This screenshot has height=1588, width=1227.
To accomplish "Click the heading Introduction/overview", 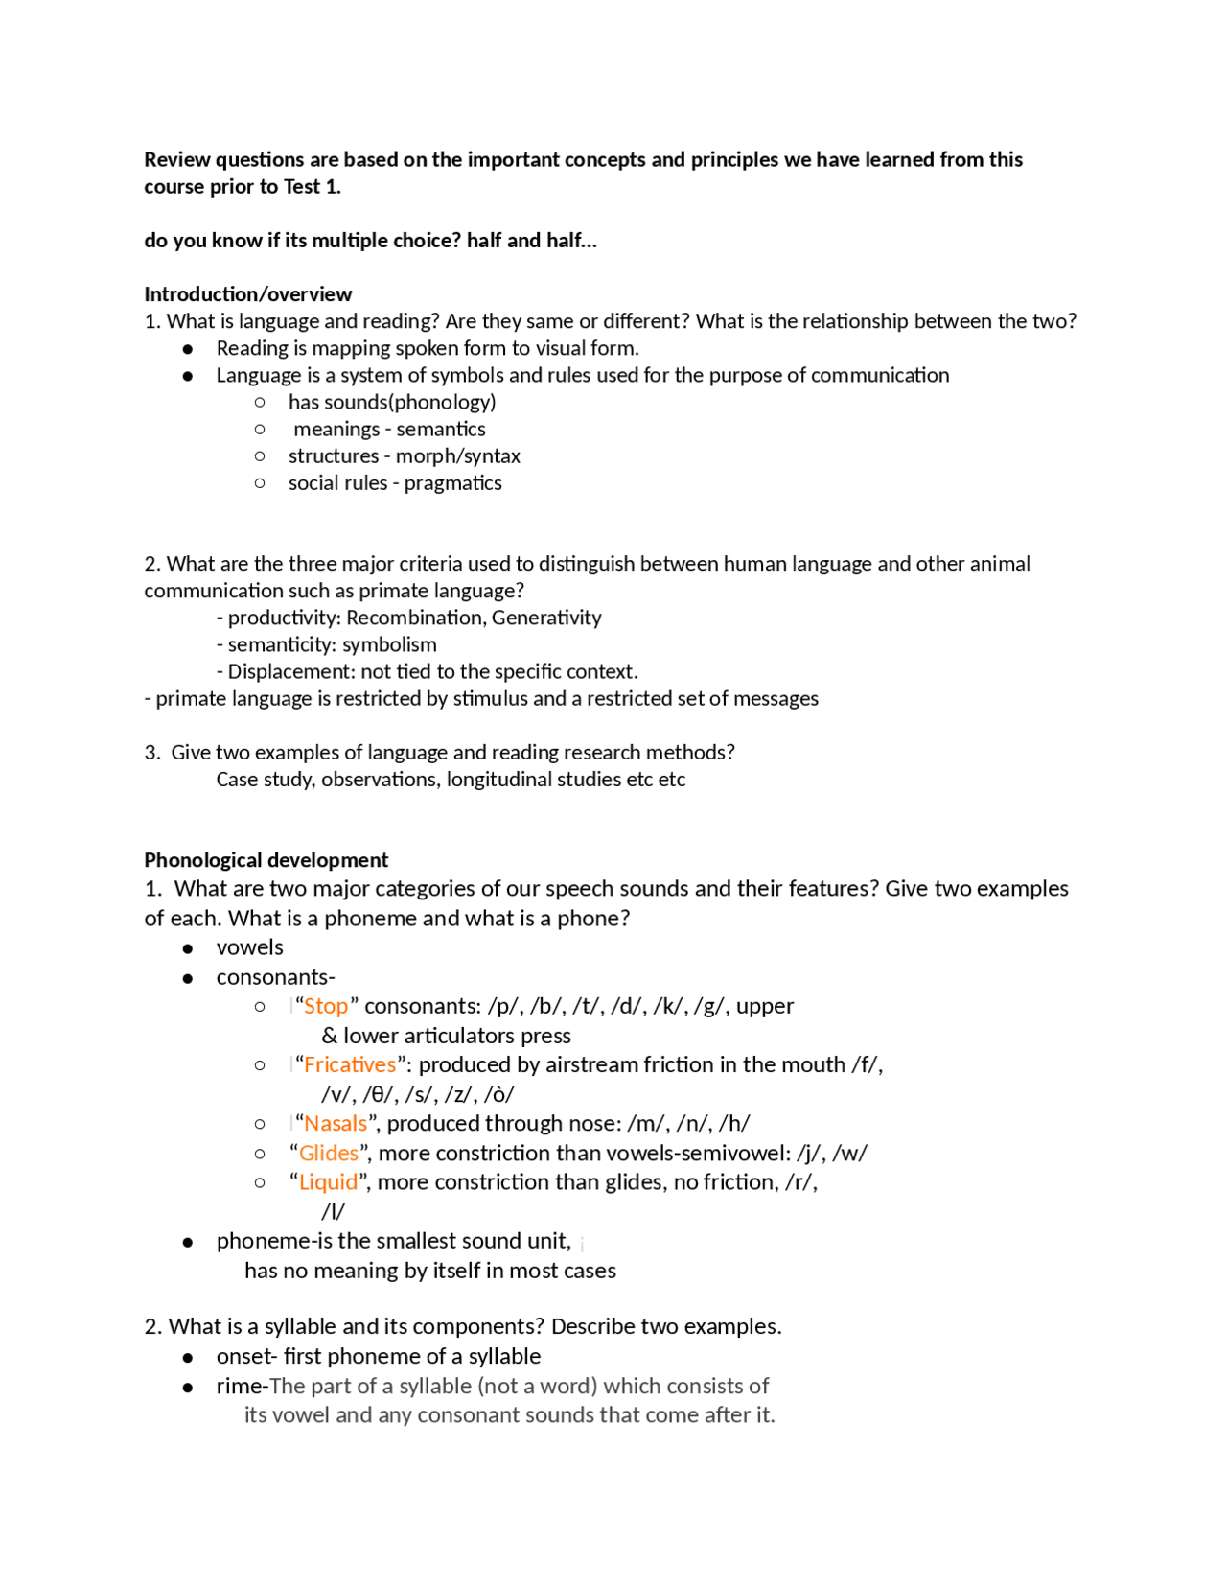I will tap(247, 293).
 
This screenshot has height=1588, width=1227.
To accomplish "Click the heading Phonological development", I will tap(266, 859).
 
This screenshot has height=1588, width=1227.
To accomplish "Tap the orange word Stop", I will tap(326, 1006).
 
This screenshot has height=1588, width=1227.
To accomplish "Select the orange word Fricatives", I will tap(349, 1064).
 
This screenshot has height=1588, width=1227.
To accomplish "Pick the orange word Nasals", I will tap(336, 1123).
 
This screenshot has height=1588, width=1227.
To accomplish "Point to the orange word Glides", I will tap(329, 1153).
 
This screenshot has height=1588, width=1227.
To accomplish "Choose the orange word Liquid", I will tap(328, 1181).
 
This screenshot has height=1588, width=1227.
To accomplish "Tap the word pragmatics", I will tap(452, 482).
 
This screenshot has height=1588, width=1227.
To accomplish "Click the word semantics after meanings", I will tap(441, 429).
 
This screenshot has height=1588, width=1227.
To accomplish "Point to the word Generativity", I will tap(546, 618).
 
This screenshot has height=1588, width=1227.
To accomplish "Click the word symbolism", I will tap(389, 644).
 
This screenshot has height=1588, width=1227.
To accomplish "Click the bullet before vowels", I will tap(188, 948).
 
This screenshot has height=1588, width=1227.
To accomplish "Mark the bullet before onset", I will tap(188, 1358).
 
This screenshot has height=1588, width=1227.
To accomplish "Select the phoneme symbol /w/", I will tap(850, 1153).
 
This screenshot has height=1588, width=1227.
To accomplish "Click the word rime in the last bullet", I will tap(238, 1386).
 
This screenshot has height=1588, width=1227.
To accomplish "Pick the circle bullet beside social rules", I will tap(260, 482).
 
